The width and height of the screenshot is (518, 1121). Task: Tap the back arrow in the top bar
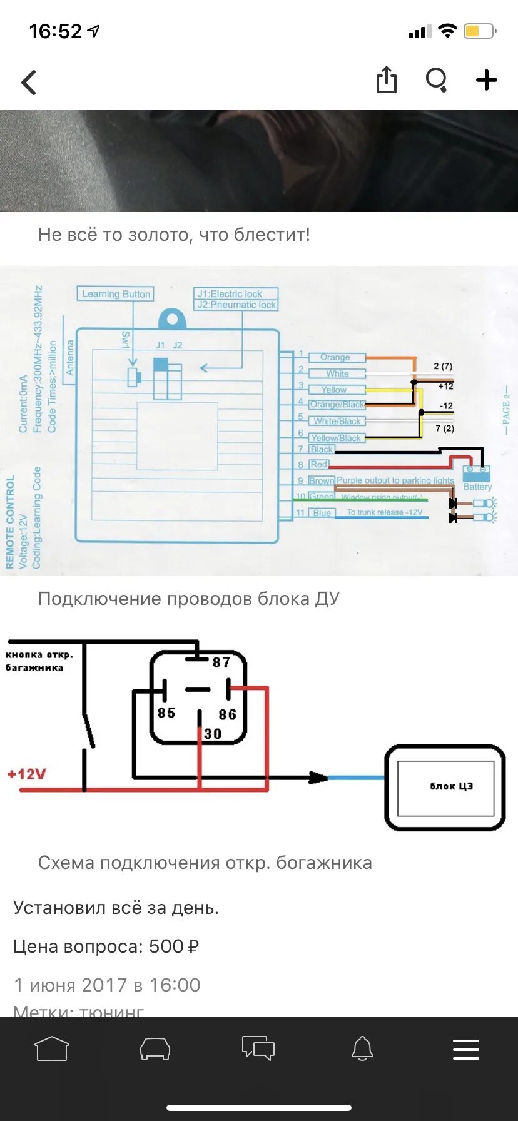(29, 82)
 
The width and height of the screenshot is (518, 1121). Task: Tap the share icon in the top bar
(387, 80)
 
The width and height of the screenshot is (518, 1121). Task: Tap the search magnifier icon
(436, 80)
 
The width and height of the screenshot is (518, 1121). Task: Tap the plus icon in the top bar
(486, 80)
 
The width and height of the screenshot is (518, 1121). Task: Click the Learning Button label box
(116, 294)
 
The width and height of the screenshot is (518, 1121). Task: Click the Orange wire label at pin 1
(336, 357)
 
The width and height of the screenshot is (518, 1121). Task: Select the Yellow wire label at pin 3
(335, 390)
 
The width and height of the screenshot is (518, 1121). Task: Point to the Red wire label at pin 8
(319, 464)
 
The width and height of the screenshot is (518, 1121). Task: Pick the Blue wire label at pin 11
(323, 513)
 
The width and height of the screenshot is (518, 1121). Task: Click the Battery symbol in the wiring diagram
(477, 472)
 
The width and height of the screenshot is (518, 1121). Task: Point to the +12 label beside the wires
(445, 387)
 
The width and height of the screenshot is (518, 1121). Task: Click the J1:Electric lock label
(230, 294)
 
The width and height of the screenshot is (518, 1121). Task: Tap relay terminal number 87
(221, 662)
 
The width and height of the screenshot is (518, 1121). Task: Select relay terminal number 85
(166, 713)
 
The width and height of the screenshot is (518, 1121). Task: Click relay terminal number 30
(213, 734)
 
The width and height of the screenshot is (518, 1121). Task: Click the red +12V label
(27, 774)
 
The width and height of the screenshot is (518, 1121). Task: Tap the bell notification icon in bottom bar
(362, 1048)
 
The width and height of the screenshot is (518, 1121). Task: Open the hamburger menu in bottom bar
(466, 1049)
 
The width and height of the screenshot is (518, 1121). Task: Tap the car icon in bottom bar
(155, 1048)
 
